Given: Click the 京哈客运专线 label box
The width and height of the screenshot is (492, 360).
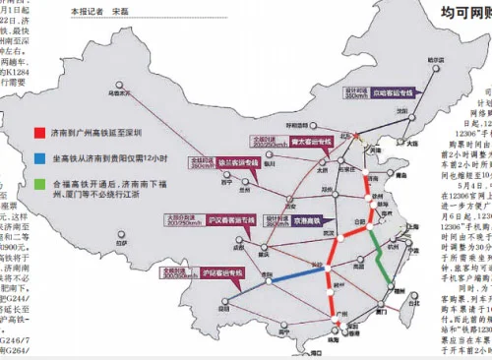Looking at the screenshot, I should (x=393, y=94).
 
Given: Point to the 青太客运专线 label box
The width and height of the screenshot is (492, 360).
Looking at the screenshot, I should (x=312, y=143).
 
